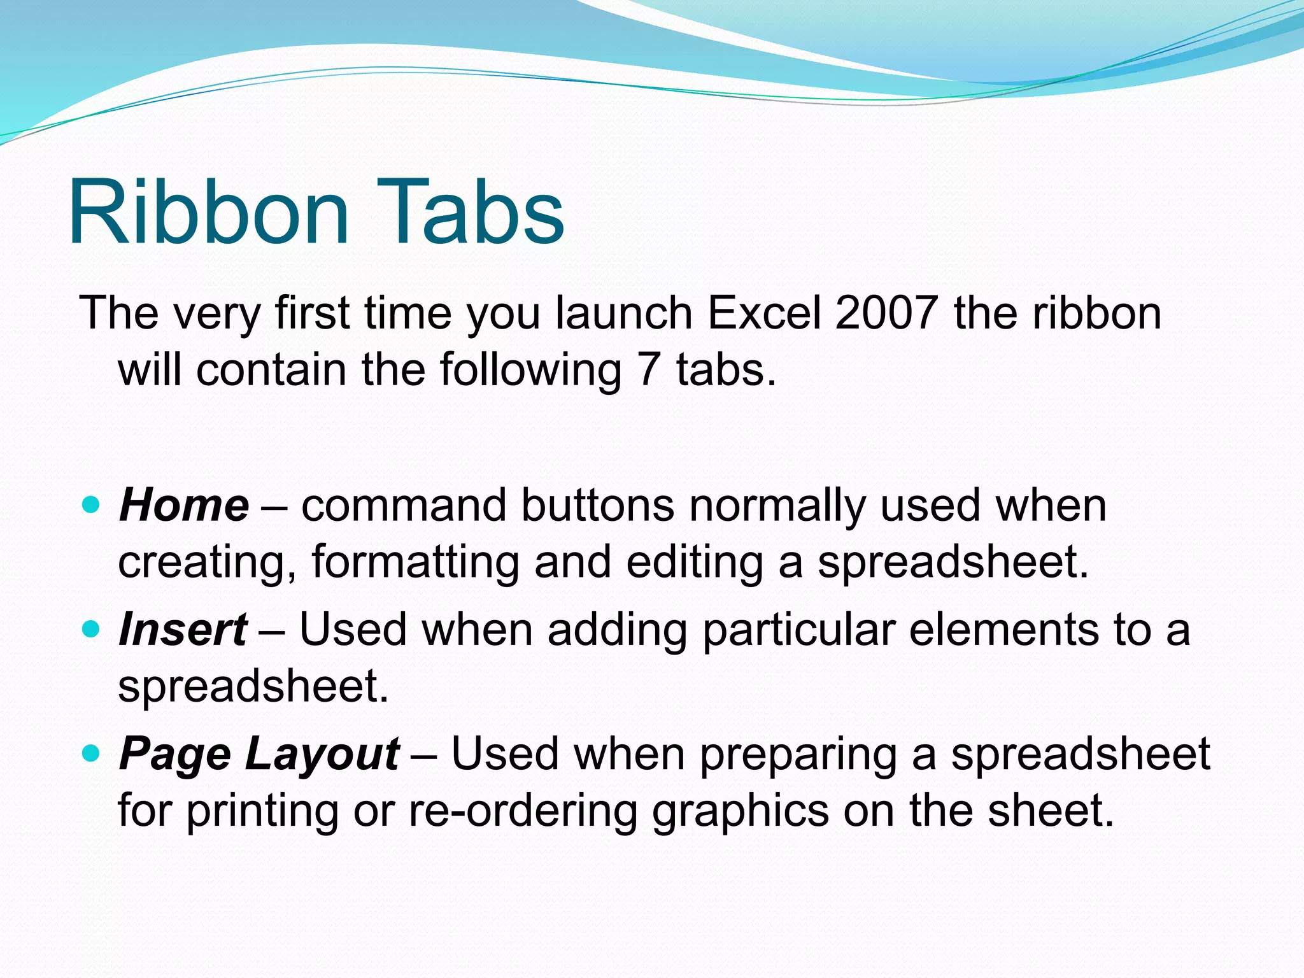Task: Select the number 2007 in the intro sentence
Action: (886, 313)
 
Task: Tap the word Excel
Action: (764, 313)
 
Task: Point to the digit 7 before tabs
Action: (648, 370)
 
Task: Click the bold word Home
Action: (184, 506)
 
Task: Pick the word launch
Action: (623, 313)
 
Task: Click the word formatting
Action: (415, 563)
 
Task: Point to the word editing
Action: (694, 563)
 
